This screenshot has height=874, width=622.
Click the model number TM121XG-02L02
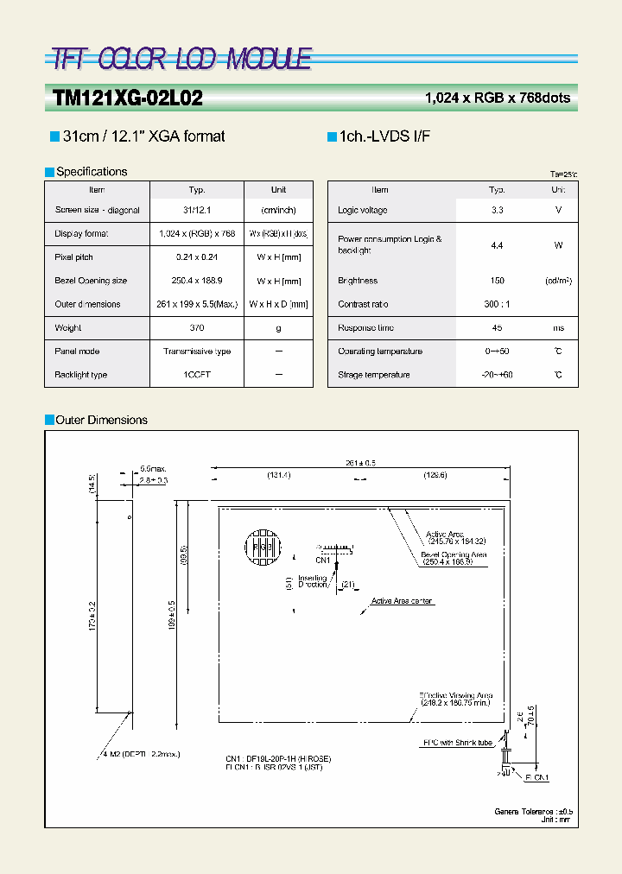tap(128, 98)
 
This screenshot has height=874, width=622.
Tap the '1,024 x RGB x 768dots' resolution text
tap(498, 98)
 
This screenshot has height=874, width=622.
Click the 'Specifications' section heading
tap(92, 172)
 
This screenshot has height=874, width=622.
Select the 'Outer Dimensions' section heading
tap(101, 420)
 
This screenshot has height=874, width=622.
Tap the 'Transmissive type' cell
tap(197, 351)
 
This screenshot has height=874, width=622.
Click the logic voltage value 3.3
tap(497, 210)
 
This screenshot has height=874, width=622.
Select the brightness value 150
tap(497, 281)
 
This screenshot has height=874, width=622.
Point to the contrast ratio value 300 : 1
tap(497, 304)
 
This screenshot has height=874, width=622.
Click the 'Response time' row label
tap(368, 328)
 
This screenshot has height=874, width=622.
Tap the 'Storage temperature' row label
tap(374, 375)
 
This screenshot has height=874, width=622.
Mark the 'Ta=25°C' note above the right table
tap(563, 174)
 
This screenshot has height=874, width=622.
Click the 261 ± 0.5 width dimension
tap(360, 464)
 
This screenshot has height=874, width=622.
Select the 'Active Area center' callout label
tap(402, 601)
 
